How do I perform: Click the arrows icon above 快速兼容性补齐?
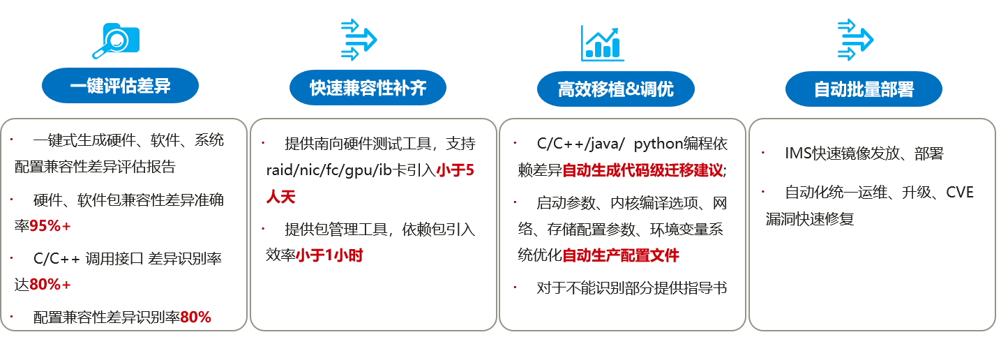[359, 40]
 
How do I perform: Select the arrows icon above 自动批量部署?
[855, 40]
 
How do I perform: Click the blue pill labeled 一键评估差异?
[120, 86]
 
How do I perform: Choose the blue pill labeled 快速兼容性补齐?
[368, 88]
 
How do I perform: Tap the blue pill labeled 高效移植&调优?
[616, 89]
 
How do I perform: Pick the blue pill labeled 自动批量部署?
[864, 89]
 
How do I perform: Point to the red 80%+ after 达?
[50, 284]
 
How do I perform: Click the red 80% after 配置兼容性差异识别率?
[195, 317]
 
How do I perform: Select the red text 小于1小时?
[329, 255]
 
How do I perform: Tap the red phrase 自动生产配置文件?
[620, 255]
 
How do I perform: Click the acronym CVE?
[959, 193]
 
